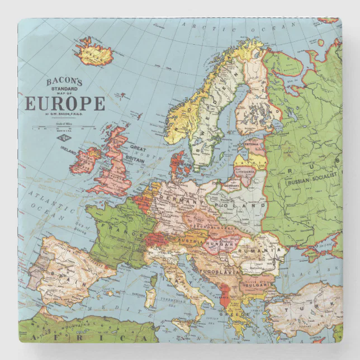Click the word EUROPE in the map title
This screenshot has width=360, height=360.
point(65,104)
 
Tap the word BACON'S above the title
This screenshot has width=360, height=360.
point(64,82)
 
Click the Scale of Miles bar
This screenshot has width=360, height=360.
point(64,128)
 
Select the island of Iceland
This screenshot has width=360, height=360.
point(94,52)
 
